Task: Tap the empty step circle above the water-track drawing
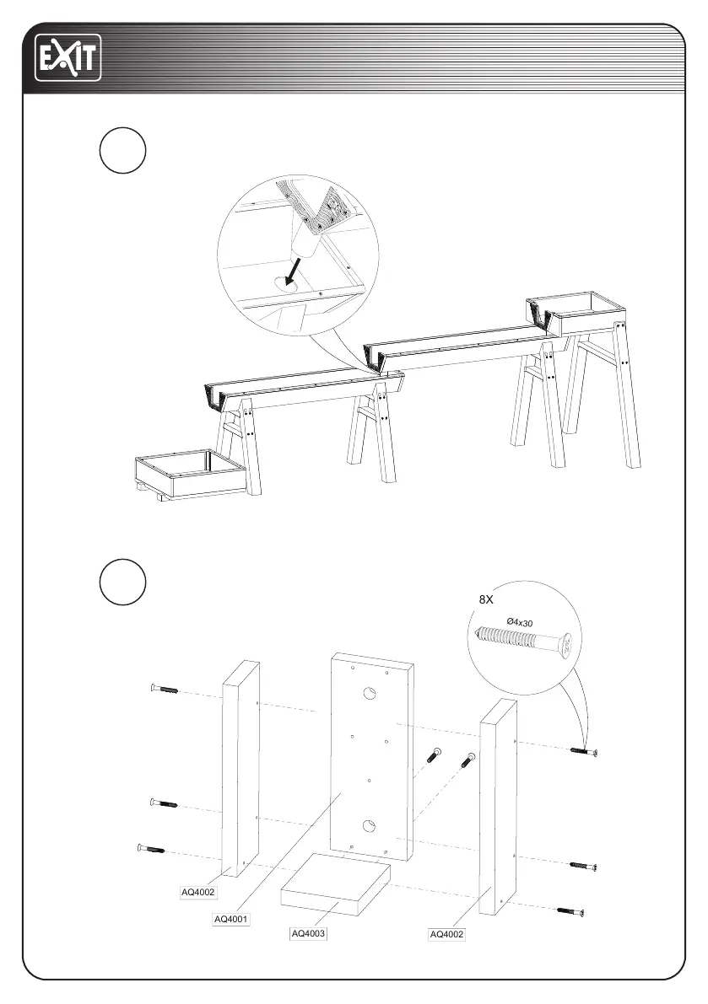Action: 122,151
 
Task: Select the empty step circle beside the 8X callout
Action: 122,581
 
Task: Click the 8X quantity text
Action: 486,599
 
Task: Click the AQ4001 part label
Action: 230,918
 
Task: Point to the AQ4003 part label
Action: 309,933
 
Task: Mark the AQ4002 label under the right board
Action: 447,934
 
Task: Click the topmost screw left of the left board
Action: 164,690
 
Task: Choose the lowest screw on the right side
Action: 570,910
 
